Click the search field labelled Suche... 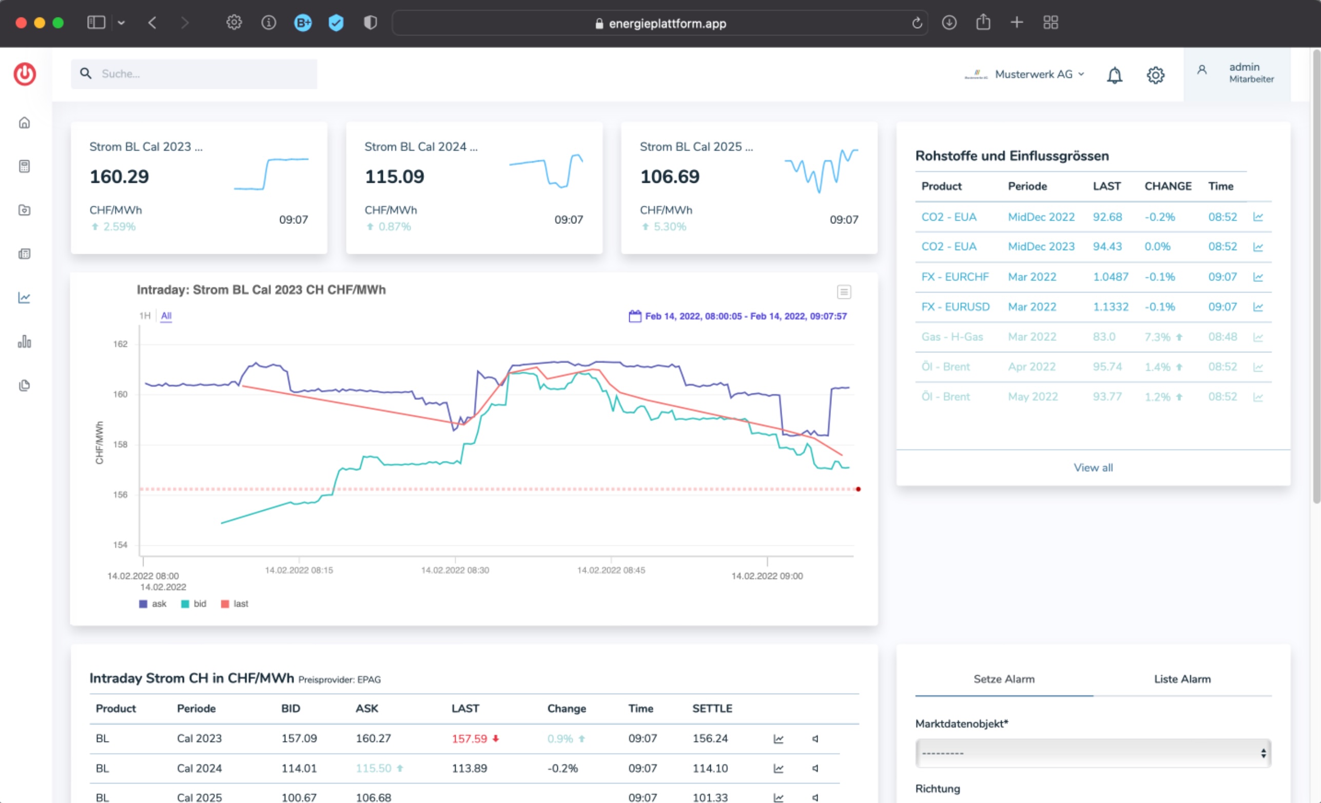click(x=193, y=74)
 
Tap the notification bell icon click(x=1115, y=75)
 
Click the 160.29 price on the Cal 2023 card click(x=119, y=177)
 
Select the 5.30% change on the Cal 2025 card click(x=670, y=227)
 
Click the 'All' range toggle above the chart click(x=166, y=315)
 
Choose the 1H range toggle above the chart click(x=145, y=315)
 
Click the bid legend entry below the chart click(x=193, y=604)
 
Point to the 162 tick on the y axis click(x=120, y=344)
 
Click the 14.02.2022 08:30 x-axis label click(x=455, y=570)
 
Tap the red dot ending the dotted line click(x=858, y=489)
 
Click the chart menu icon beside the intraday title click(x=844, y=292)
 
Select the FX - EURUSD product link click(x=956, y=307)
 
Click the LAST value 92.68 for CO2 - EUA click(x=1107, y=217)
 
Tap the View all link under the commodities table click(x=1093, y=468)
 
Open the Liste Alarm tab click(x=1182, y=679)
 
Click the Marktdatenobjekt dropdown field click(x=1093, y=753)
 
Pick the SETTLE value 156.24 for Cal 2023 click(x=710, y=739)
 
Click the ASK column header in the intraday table click(x=367, y=709)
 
